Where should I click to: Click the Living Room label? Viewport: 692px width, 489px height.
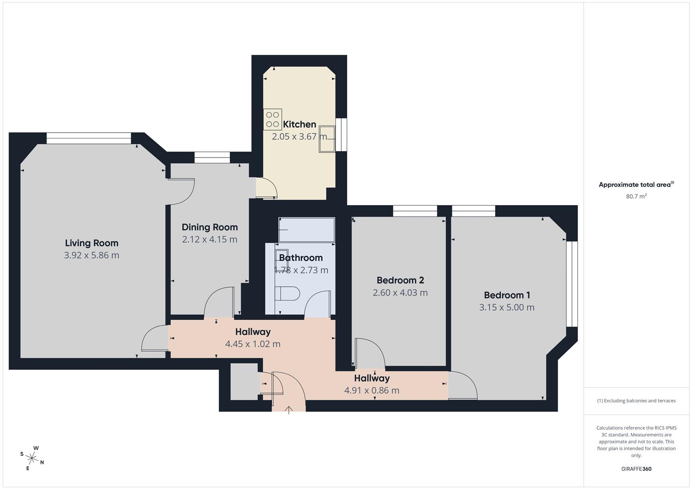pyautogui.click(x=92, y=243)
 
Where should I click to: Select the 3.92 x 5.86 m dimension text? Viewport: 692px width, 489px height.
pyautogui.click(x=92, y=255)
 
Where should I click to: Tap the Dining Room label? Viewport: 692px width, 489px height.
pyautogui.click(x=209, y=227)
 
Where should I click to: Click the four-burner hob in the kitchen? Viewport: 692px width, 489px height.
pyautogui.click(x=272, y=120)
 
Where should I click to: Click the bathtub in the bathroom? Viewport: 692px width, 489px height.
pyautogui.click(x=307, y=230)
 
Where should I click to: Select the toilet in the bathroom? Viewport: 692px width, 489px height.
pyautogui.click(x=287, y=293)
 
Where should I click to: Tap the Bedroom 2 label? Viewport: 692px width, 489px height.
pyautogui.click(x=400, y=280)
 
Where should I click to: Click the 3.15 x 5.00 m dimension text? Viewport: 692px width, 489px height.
pyautogui.click(x=507, y=307)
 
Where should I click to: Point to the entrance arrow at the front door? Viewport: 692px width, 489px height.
pyautogui.click(x=289, y=410)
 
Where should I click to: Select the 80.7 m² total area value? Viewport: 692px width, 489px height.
pyautogui.click(x=636, y=197)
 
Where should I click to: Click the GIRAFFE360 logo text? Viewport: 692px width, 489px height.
pyautogui.click(x=636, y=469)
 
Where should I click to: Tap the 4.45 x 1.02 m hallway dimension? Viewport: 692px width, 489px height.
pyautogui.click(x=252, y=344)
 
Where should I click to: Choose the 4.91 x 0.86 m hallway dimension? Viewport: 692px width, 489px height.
pyautogui.click(x=372, y=391)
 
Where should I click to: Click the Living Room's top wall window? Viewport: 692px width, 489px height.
pyautogui.click(x=88, y=138)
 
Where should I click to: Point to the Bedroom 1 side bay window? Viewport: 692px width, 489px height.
pyautogui.click(x=572, y=283)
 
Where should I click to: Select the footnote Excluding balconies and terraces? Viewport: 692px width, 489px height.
pyautogui.click(x=636, y=401)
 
